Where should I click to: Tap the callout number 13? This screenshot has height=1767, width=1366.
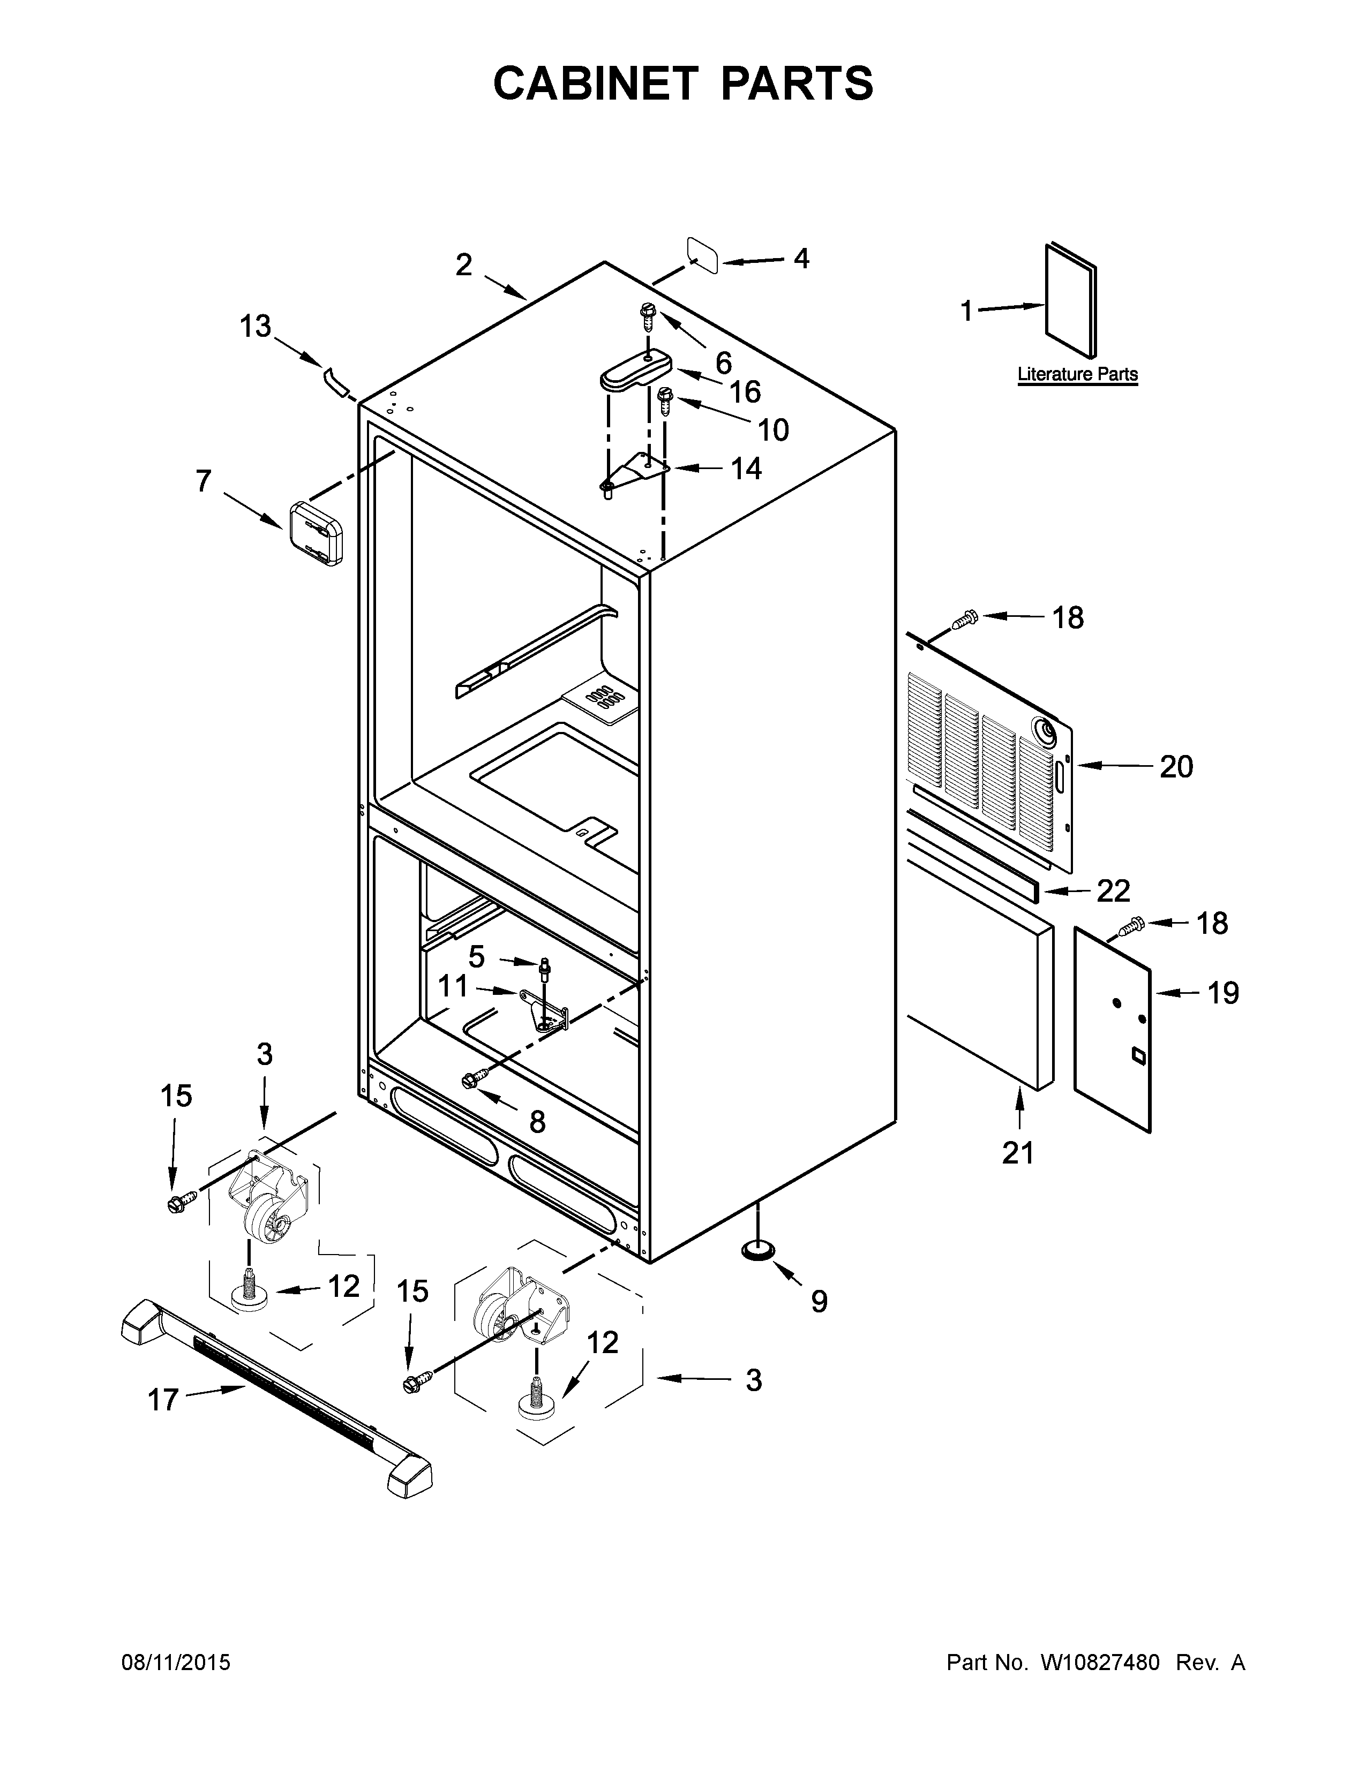pyautogui.click(x=255, y=327)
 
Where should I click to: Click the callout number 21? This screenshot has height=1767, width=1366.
pyautogui.click(x=1017, y=1152)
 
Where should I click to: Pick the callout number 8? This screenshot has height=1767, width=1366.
pyautogui.click(x=537, y=1121)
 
